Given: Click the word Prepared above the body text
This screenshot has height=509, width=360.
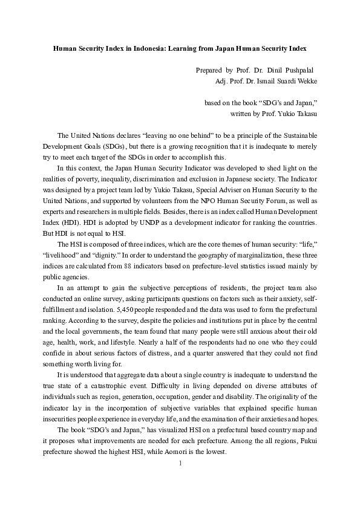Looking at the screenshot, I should (209, 70).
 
